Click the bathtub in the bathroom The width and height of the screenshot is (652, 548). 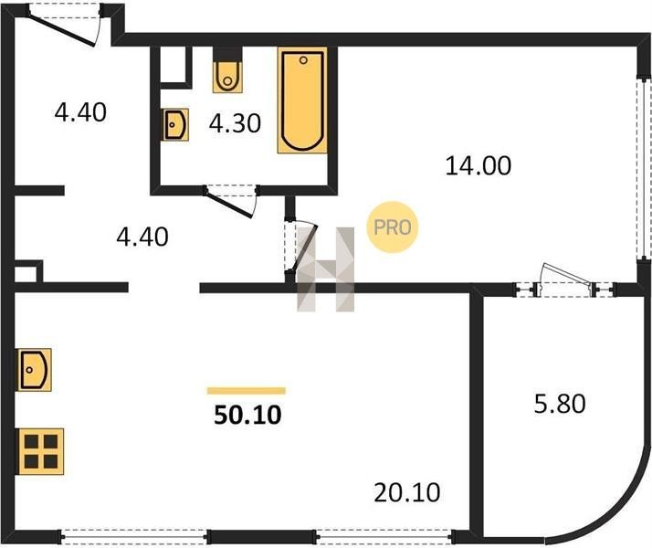302,100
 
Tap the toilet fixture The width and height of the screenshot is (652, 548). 227,77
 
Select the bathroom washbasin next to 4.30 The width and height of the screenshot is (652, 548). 174,124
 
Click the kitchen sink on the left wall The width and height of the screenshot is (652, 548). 34,370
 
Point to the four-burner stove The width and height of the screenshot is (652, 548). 40,451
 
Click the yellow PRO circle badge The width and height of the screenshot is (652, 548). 392,227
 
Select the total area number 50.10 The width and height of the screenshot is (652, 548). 247,415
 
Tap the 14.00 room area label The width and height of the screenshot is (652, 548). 478,165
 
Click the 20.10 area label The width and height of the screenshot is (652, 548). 406,492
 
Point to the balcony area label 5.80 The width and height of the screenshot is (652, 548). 560,404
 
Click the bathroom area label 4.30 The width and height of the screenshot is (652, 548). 235,123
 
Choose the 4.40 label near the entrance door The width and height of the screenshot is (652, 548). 80,112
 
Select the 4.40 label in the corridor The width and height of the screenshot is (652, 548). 142,237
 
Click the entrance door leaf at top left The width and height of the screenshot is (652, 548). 62,30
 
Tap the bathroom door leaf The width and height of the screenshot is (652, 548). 229,204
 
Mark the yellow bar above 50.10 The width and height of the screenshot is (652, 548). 247,390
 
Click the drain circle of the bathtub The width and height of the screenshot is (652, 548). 303,60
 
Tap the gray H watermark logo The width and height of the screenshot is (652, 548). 326,269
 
